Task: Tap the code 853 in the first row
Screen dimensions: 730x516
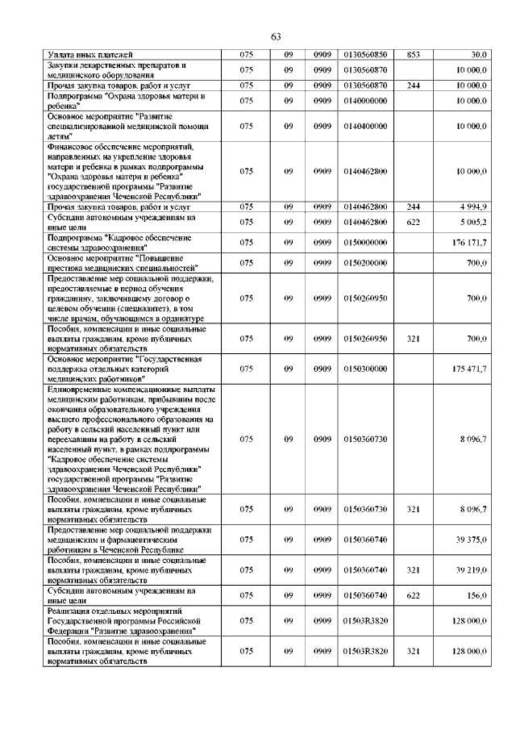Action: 414,55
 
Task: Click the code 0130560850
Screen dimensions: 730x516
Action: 365,55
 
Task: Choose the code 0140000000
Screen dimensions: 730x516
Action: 365,101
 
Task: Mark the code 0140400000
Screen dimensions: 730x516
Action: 365,127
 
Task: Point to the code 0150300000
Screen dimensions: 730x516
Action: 365,369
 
